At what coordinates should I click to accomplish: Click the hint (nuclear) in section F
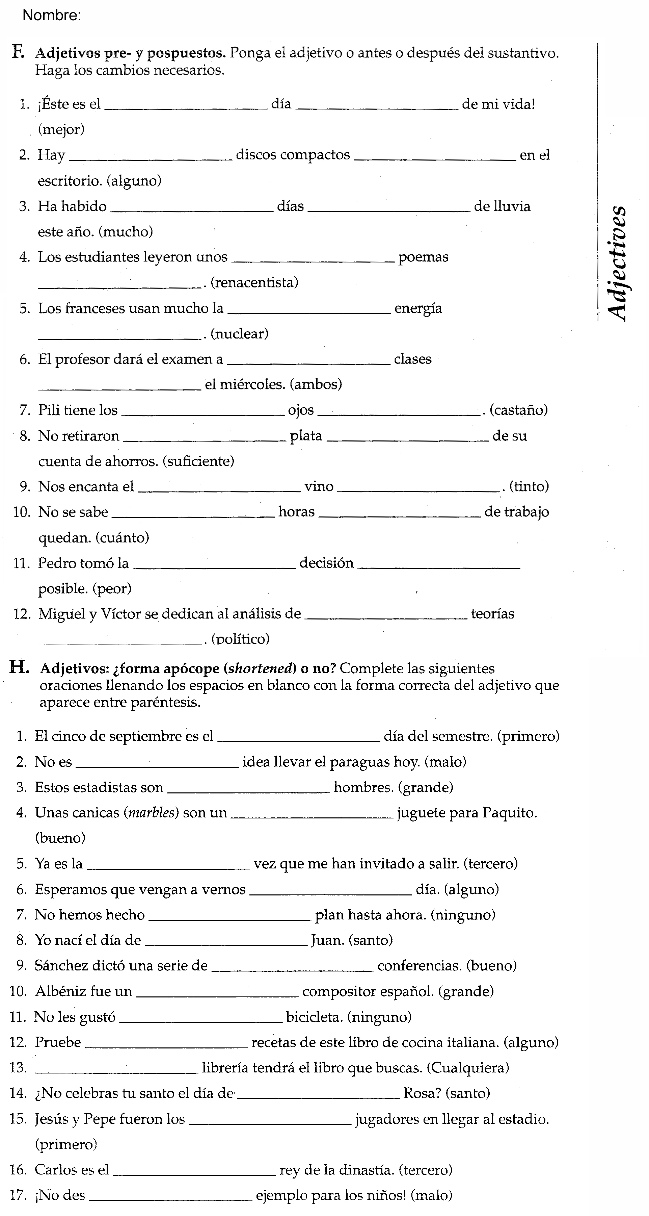[239, 334]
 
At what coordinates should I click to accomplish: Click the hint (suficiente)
[198, 461]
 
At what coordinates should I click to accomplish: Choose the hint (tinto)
[529, 486]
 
